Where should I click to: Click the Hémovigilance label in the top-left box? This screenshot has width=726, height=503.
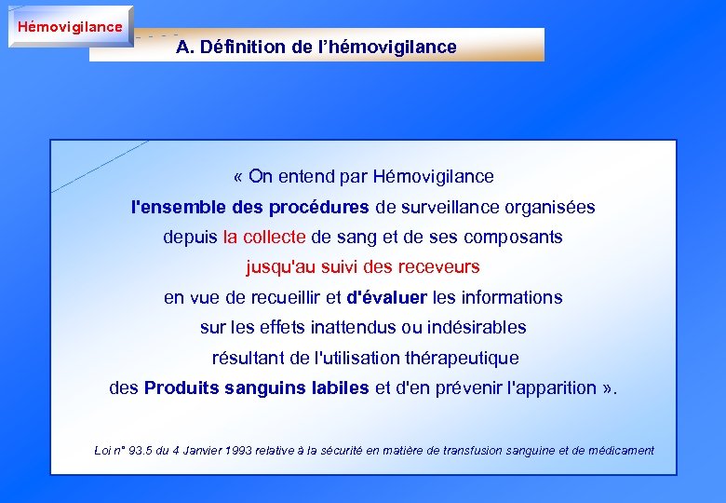click(x=70, y=26)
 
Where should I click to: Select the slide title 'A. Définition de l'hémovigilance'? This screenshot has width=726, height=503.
click(x=316, y=47)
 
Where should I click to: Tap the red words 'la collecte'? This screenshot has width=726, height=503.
click(x=264, y=237)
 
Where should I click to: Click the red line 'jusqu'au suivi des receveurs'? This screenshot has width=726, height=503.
click(x=363, y=267)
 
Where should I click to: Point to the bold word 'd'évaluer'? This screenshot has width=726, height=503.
click(x=386, y=298)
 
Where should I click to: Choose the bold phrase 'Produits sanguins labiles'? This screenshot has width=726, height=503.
click(x=257, y=388)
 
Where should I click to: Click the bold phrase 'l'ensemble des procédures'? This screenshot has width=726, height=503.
click(x=250, y=207)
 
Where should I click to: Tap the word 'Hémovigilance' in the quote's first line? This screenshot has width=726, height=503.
click(x=433, y=176)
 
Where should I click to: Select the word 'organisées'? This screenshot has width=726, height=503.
click(x=549, y=207)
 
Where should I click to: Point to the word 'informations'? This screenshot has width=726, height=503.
click(x=510, y=298)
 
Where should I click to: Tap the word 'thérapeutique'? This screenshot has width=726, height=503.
click(x=461, y=358)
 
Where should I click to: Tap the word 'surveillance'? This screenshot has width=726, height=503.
click(x=448, y=207)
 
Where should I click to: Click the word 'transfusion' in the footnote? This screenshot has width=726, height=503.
click(x=466, y=451)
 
